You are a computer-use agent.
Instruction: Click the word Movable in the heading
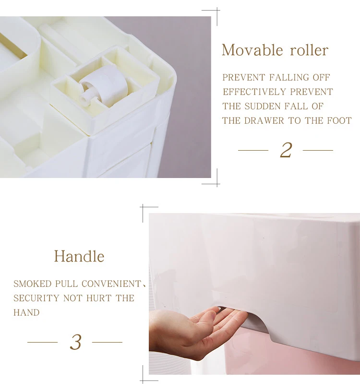pyautogui.click(x=252, y=50)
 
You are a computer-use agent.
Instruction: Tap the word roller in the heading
pyautogui.click(x=309, y=50)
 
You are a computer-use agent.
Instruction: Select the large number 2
pyautogui.click(x=286, y=150)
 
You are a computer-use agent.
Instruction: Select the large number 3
pyautogui.click(x=75, y=342)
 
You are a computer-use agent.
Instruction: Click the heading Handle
pyautogui.click(x=79, y=256)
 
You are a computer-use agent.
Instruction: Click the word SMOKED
pyautogui.click(x=32, y=284)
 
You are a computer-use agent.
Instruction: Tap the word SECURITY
pyautogui.click(x=36, y=298)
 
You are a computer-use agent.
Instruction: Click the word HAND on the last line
pyautogui.click(x=26, y=312)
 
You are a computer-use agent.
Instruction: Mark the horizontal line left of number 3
pyautogui.click(x=42, y=342)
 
